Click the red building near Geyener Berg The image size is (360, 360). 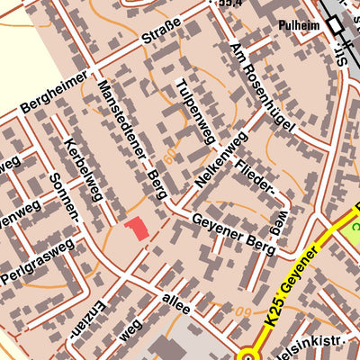[137, 229]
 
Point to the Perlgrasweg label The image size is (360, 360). [38, 259]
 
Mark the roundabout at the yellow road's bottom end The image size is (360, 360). [247, 355]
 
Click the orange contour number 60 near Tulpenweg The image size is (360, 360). [171, 154]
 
